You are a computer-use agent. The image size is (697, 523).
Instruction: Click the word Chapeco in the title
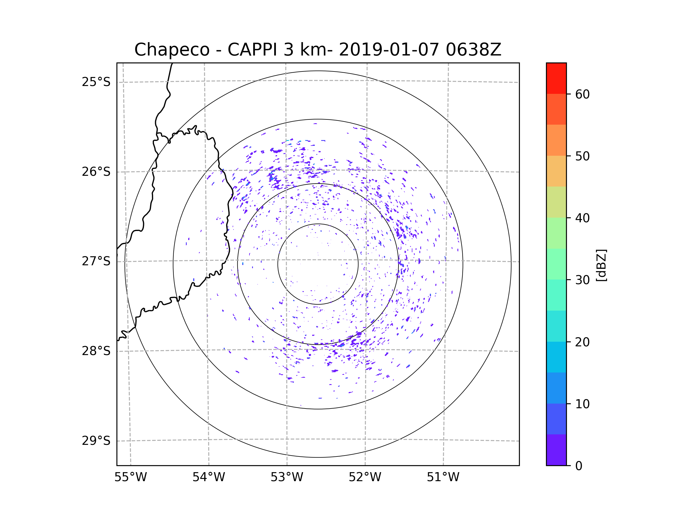coord(172,50)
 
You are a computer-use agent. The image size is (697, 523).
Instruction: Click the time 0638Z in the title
coord(473,50)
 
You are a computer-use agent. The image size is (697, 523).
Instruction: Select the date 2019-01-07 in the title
coord(389,50)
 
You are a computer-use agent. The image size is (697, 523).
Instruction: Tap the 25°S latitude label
coord(96,82)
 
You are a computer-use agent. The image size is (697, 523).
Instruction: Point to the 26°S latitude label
coord(96,172)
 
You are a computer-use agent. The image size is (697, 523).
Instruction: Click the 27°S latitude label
coord(96,261)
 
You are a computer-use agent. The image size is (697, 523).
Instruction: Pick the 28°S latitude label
coord(96,351)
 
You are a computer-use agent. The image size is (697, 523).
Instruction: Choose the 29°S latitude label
coord(96,441)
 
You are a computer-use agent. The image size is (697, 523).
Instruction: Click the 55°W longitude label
coord(130,477)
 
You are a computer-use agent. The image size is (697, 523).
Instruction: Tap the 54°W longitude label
coord(209,477)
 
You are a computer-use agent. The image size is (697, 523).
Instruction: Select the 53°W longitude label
coord(287,477)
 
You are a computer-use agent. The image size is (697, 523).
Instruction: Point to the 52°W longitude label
coord(365,477)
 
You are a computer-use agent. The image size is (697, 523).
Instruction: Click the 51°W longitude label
coord(443,477)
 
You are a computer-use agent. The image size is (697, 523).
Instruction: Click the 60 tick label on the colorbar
coord(582,94)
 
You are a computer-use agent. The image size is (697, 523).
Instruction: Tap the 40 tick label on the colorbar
coord(582,218)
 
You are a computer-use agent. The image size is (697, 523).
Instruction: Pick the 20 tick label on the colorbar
coord(582,342)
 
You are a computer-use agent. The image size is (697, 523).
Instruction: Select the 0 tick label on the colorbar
coord(579,466)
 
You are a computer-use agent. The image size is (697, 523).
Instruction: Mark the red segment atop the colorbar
coord(556,78)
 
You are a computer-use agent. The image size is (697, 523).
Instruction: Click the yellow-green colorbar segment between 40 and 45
coord(556,202)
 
